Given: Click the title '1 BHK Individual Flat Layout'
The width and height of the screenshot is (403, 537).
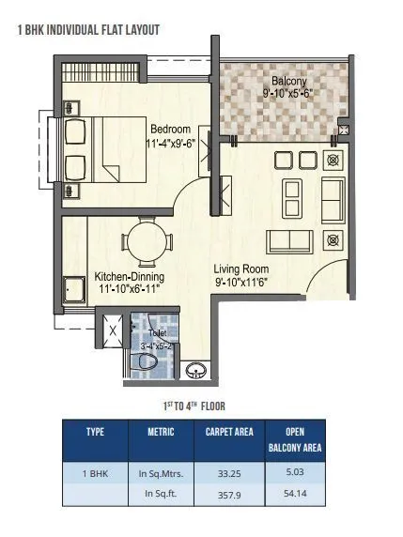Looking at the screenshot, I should click(88, 30).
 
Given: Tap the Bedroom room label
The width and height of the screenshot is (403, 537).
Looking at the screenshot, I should click(170, 129).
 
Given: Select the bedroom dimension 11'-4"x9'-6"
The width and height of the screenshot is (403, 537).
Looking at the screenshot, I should click(170, 144).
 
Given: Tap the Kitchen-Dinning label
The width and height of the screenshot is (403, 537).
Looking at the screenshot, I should click(130, 277).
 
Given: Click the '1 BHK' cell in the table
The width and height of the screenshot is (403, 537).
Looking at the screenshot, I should click(95, 475).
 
